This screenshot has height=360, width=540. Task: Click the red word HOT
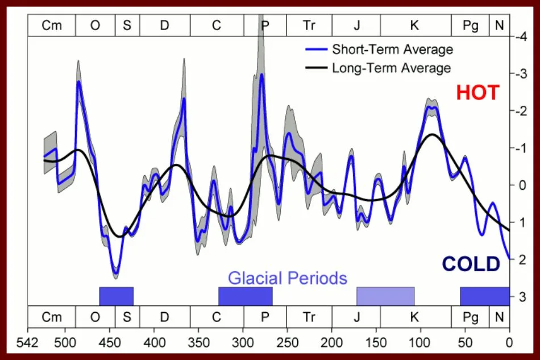click(x=477, y=92)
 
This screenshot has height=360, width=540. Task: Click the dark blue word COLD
click(x=471, y=264)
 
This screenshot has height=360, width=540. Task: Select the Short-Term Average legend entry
click(x=392, y=49)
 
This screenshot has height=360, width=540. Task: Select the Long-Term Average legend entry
click(x=391, y=68)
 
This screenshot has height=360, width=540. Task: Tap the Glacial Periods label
click(x=287, y=278)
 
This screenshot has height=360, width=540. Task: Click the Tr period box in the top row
click(x=309, y=26)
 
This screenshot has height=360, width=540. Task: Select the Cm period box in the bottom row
click(x=52, y=317)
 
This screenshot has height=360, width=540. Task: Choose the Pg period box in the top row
click(x=470, y=26)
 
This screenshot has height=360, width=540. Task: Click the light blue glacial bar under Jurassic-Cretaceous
click(x=385, y=296)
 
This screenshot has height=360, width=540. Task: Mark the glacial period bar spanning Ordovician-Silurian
click(x=117, y=296)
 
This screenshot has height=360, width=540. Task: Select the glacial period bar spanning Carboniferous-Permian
click(x=246, y=296)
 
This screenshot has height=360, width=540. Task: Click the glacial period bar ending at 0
click(x=484, y=296)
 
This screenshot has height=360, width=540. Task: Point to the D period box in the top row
click(x=165, y=26)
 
